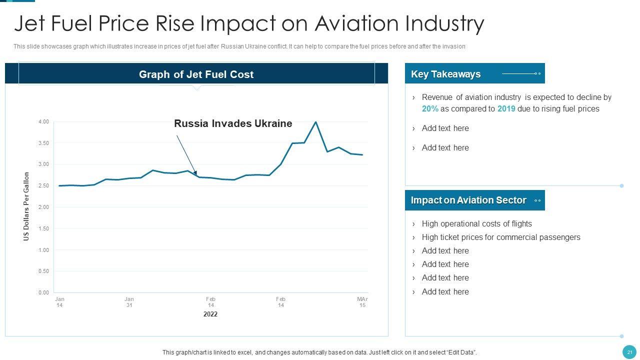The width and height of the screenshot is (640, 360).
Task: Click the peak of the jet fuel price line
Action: pos(315,122)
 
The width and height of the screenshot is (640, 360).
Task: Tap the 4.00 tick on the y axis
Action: pos(43,122)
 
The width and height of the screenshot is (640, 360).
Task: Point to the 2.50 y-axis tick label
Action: pos(43,186)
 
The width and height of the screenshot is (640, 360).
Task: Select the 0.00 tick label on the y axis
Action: pos(43,292)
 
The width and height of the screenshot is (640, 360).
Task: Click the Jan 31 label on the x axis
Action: pos(129,302)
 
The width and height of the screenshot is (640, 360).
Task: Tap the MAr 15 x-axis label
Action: pos(362,302)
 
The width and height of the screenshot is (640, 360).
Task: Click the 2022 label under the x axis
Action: pos(210,314)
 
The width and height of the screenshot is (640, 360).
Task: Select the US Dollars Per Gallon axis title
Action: pos(26,206)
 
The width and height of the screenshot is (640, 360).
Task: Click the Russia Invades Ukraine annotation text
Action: pos(233,123)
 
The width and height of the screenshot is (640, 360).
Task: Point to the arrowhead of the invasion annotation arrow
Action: pos(195,173)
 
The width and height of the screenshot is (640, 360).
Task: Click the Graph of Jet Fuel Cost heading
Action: pos(196,74)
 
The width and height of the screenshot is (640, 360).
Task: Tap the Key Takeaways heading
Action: pos(445,74)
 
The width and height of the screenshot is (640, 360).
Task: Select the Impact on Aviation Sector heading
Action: pos(468,200)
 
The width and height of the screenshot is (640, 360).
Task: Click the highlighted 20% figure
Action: pos(430,109)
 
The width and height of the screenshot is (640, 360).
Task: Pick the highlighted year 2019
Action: pos(506,109)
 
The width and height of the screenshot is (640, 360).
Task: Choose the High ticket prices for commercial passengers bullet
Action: pos(501,237)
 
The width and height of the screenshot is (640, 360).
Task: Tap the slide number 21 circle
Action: pos(629,352)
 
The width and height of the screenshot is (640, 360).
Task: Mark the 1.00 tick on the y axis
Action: pos(43,250)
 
